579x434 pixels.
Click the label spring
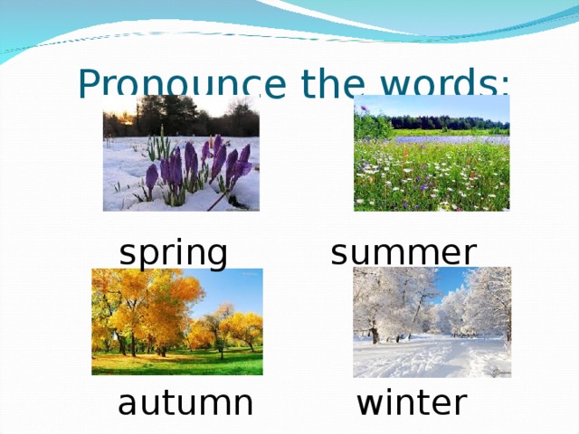pos(173,253)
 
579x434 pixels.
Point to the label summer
pos(403,252)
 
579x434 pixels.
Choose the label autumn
pos(185,402)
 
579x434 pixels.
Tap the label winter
pos(412,402)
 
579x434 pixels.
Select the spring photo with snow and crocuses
pos(181,153)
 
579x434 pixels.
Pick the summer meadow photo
pos(432,153)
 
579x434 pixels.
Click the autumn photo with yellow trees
pos(177,321)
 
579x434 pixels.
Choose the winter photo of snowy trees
pos(432,322)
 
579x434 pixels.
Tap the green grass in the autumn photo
pos(181,363)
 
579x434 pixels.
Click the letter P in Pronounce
pos(89,84)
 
